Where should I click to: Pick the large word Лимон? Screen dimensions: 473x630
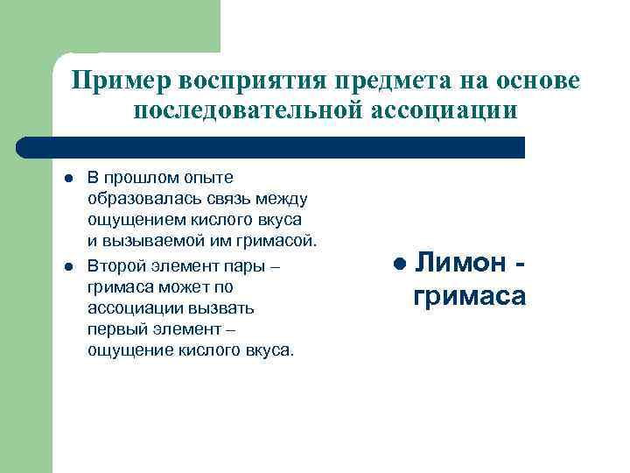pos(460,262)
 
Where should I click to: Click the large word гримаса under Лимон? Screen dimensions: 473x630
pos(469,296)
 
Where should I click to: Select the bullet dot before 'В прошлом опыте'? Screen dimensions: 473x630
pos(67,179)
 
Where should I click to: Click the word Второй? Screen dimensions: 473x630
pos(114,266)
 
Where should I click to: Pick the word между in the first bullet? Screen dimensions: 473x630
pos(259,199)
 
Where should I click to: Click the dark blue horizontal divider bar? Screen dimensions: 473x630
pos(271,146)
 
